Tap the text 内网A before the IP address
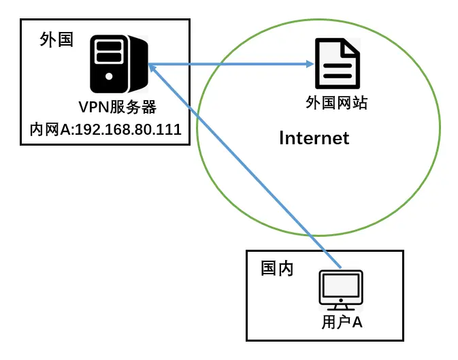pyautogui.click(x=46, y=129)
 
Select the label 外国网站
pyautogui.click(x=336, y=103)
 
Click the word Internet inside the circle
pyautogui.click(x=314, y=138)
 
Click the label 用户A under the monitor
pyautogui.click(x=342, y=322)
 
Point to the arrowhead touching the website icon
pyautogui.click(x=310, y=65)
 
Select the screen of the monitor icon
pyautogui.click(x=341, y=287)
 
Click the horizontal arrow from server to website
pyautogui.click(x=231, y=65)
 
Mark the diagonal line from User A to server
pyautogui.click(x=245, y=166)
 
